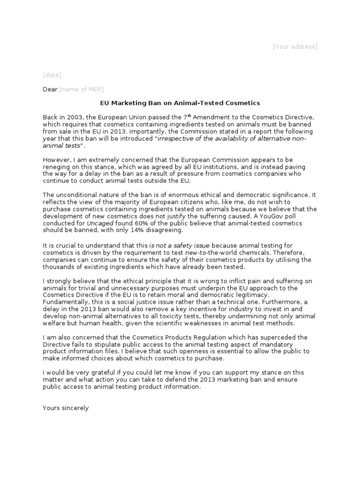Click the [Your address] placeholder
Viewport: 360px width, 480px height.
point(295,46)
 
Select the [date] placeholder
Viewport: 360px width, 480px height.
point(52,75)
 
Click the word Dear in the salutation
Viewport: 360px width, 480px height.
point(50,89)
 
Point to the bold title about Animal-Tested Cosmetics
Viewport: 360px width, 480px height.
point(180,103)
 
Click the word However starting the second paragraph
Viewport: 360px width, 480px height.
point(57,160)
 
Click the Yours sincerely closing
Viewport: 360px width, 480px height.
point(66,408)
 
